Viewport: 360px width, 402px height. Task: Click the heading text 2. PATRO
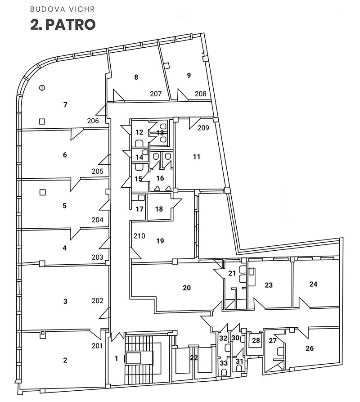click(63, 25)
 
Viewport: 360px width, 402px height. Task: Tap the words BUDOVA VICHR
click(63, 9)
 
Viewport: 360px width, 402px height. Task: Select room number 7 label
click(65, 104)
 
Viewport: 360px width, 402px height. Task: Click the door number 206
click(93, 121)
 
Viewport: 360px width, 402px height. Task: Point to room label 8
click(136, 77)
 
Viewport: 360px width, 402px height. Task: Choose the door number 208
click(200, 94)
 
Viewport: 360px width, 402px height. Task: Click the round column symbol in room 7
click(42, 88)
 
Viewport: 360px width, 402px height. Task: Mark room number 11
click(197, 157)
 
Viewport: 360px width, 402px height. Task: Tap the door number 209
click(203, 127)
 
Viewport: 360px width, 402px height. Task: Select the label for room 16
click(160, 178)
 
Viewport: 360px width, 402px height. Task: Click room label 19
click(160, 241)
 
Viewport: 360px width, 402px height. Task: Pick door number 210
click(139, 235)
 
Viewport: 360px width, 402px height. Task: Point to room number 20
click(187, 288)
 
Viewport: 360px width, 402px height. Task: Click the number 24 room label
click(313, 284)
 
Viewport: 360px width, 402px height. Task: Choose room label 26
click(310, 348)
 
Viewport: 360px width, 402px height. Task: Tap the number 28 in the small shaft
click(256, 340)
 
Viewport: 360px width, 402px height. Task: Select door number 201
click(97, 346)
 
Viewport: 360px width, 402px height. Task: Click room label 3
click(65, 301)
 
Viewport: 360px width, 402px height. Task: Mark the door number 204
click(98, 220)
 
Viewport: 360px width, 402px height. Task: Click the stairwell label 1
click(117, 358)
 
